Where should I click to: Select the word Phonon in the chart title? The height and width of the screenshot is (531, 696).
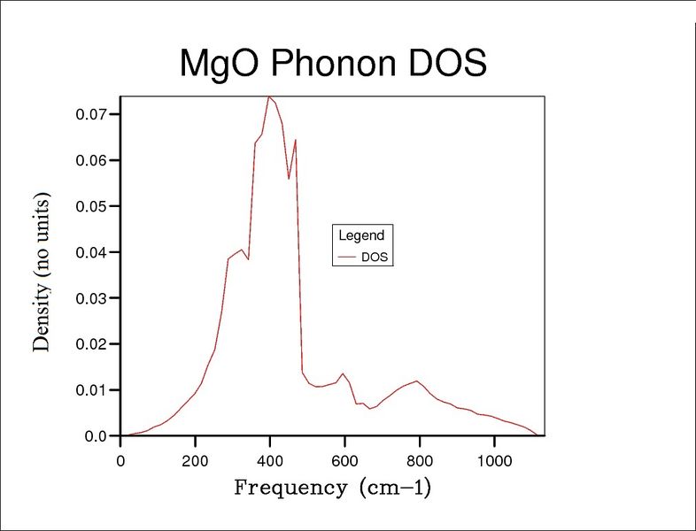tap(333, 62)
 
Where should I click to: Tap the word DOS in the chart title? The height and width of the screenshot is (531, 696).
tap(447, 62)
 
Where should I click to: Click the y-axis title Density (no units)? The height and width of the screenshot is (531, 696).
tap(42, 273)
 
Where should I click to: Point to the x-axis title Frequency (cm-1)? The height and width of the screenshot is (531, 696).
tap(332, 488)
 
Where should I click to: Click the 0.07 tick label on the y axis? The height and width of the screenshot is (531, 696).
tap(91, 114)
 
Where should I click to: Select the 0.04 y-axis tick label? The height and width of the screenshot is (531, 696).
tap(91, 252)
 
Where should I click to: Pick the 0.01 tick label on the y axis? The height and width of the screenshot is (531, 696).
tap(91, 390)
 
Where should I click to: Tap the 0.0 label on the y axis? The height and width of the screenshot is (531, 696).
tap(96, 436)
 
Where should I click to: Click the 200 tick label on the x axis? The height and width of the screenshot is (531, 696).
tap(195, 461)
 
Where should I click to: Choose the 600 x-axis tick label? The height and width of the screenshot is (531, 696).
tap(344, 461)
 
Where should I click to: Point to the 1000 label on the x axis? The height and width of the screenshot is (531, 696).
tap(494, 461)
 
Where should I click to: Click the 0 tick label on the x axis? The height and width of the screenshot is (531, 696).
tap(120, 461)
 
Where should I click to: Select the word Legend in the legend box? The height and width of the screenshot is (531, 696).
tap(361, 235)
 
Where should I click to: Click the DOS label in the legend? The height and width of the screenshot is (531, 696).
tap(375, 258)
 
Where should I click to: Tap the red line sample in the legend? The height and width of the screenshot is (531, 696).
tap(346, 257)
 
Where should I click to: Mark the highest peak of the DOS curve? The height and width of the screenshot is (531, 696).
tap(269, 96)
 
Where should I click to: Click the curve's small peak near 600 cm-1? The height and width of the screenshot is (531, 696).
tap(343, 373)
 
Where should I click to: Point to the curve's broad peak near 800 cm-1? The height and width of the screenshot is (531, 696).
tap(416, 381)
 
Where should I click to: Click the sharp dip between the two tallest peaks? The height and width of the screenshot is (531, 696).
tap(289, 179)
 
